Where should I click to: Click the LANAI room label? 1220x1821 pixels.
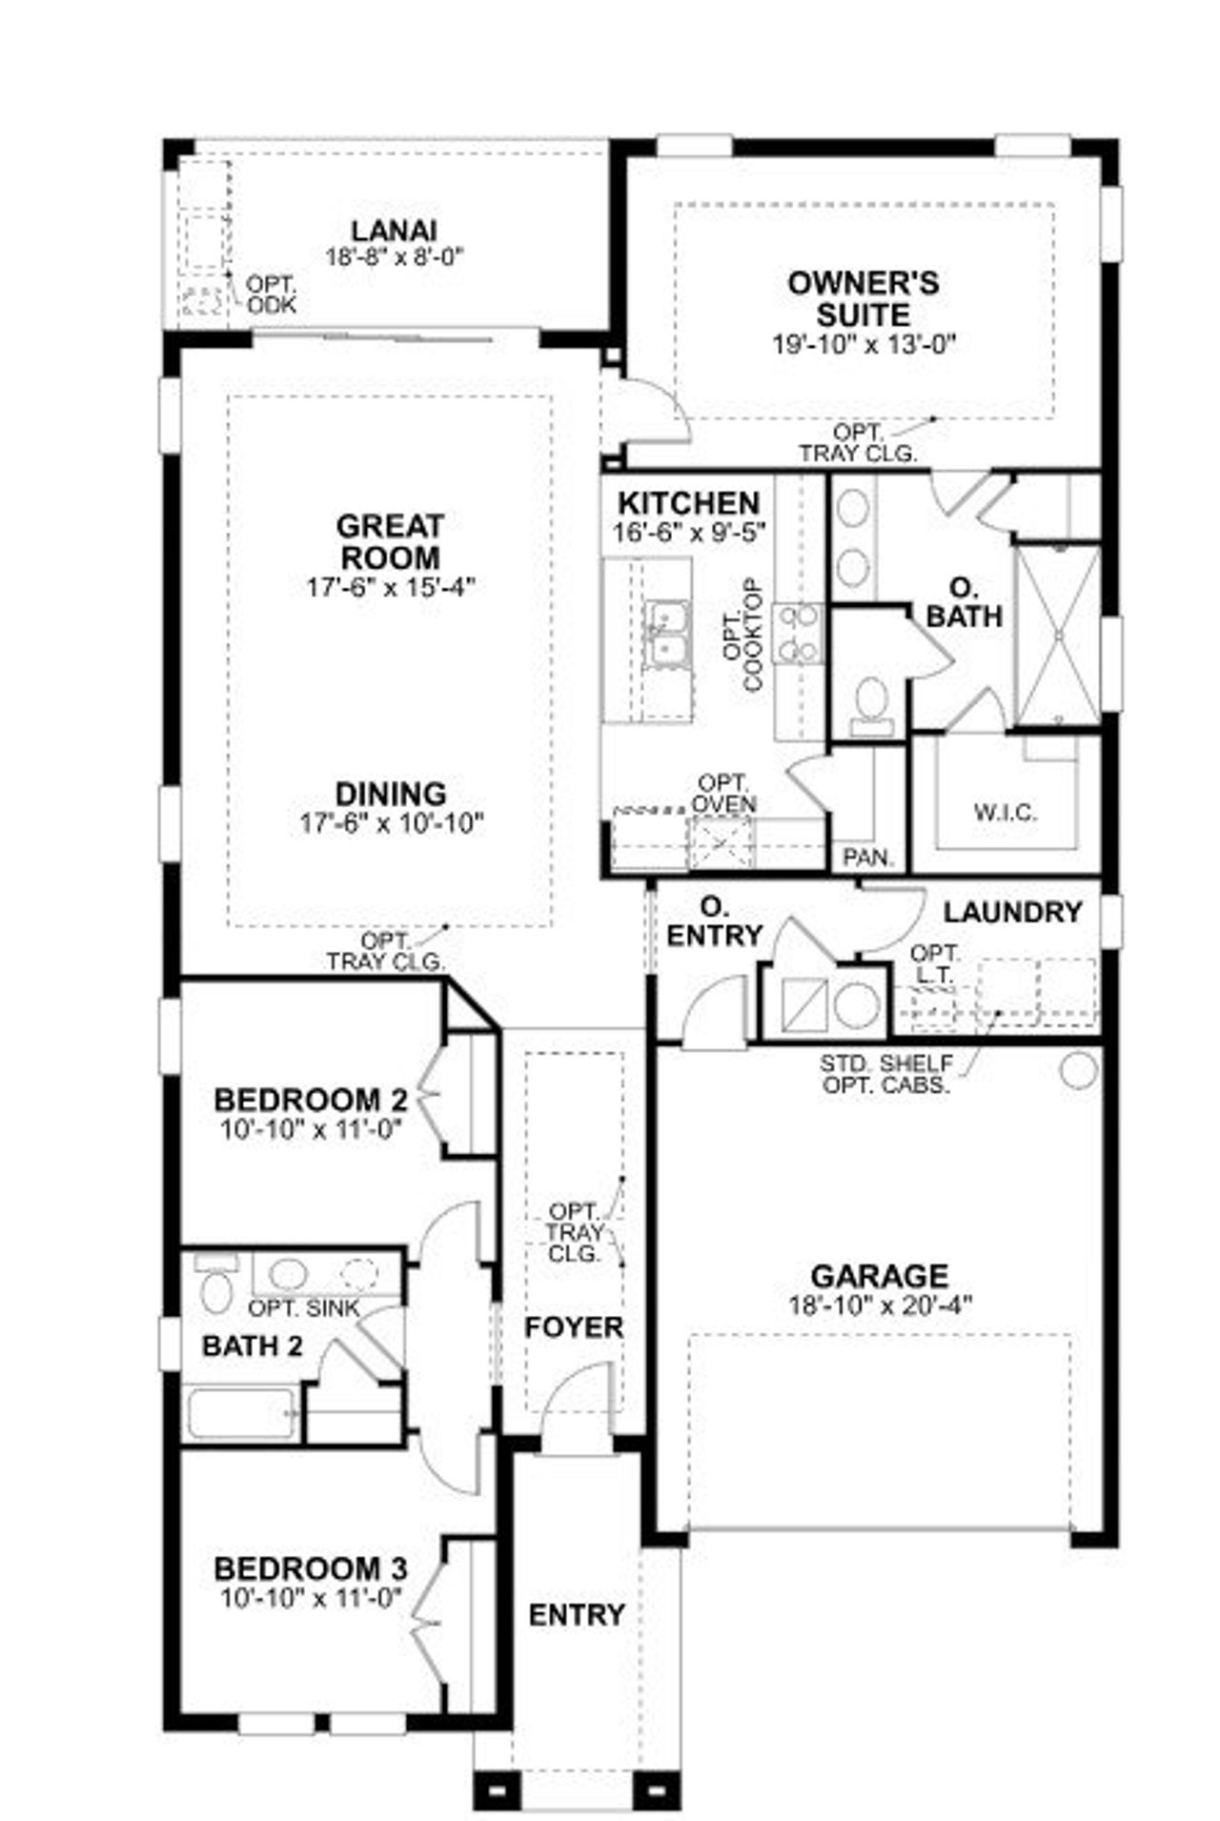pos(394,231)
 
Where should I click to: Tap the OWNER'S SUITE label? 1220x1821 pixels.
pos(863,298)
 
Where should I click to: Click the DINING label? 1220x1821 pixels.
pos(391,794)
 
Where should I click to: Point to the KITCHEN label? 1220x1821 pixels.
pos(688,503)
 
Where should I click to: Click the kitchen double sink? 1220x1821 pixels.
pos(666,634)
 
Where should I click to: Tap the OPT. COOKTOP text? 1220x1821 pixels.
pos(743,634)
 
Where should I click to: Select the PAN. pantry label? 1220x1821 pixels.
pos(868,857)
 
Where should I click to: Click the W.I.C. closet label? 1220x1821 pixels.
pos(1006,813)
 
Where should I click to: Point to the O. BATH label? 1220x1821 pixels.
pos(965,602)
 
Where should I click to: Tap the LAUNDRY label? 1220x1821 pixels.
pos(1012,913)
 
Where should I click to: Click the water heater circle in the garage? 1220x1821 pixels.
pos(1078,1070)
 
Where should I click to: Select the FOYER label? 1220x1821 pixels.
pos(574,1327)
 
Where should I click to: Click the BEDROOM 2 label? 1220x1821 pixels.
pos(311,1100)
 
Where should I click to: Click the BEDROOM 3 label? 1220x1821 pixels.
pos(311,1568)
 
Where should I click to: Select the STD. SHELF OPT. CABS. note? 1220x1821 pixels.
pos(885,1074)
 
